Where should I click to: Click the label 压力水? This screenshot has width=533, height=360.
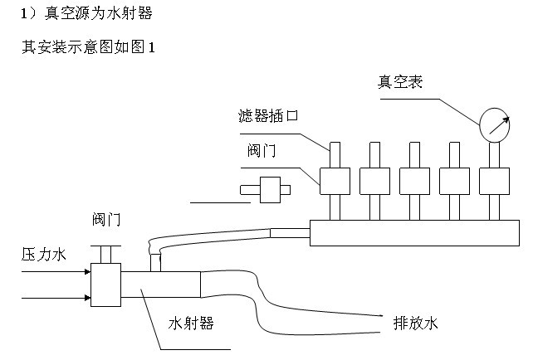pos(43,255)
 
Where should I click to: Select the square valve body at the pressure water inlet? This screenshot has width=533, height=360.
pos(106,285)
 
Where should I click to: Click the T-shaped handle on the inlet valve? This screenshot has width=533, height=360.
pos(106,252)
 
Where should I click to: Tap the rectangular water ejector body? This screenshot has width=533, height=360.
pos(162,284)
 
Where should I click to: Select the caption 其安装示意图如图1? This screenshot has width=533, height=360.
pos(88,47)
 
